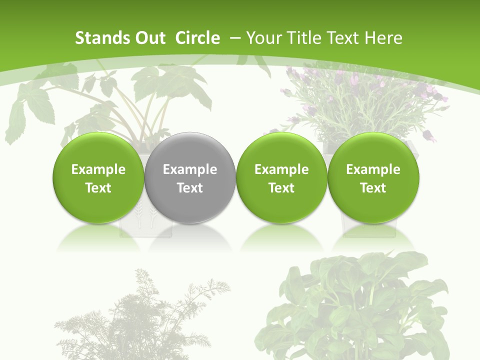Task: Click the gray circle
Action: pos(190,177)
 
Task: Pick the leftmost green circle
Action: pos(98,177)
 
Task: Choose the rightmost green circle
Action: pos(373,177)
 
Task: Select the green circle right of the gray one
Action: pos(281,177)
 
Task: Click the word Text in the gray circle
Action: pos(190,188)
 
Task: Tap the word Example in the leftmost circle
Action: pos(98,169)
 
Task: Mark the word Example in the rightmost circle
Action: pos(373,169)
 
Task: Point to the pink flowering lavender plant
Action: pos(360,100)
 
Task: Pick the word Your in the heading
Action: pos(263,38)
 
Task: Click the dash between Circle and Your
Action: pos(235,38)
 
